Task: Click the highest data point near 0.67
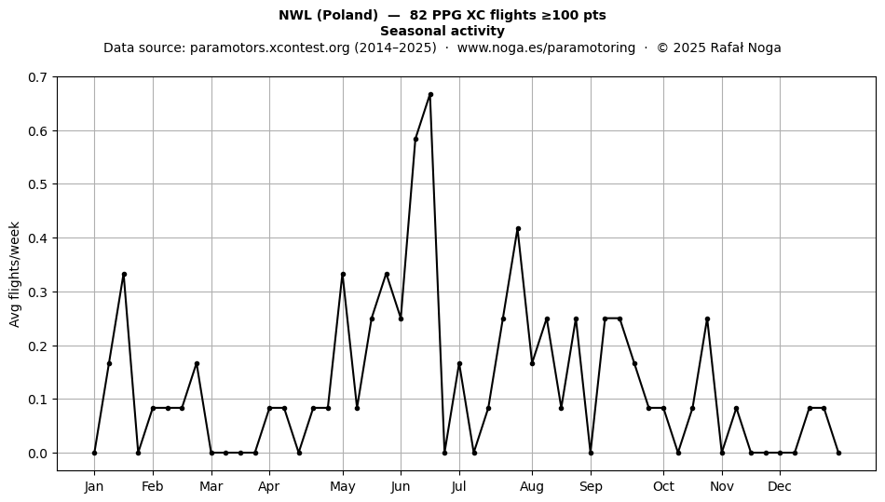[430, 95]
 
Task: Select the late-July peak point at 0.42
[518, 229]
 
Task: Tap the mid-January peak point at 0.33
[124, 274]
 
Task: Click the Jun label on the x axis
[401, 487]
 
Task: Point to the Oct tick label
[663, 487]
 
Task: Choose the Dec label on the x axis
[780, 487]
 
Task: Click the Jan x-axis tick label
[94, 487]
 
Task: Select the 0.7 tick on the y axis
[37, 77]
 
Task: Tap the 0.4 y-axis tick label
[37, 238]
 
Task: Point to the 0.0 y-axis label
[37, 454]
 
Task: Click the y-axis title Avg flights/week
[15, 274]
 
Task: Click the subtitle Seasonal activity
[442, 31]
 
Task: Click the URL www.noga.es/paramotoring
[546, 47]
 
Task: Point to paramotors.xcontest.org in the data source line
[270, 47]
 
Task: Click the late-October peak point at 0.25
[707, 319]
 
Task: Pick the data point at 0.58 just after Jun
[416, 139]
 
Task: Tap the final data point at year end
[838, 453]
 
